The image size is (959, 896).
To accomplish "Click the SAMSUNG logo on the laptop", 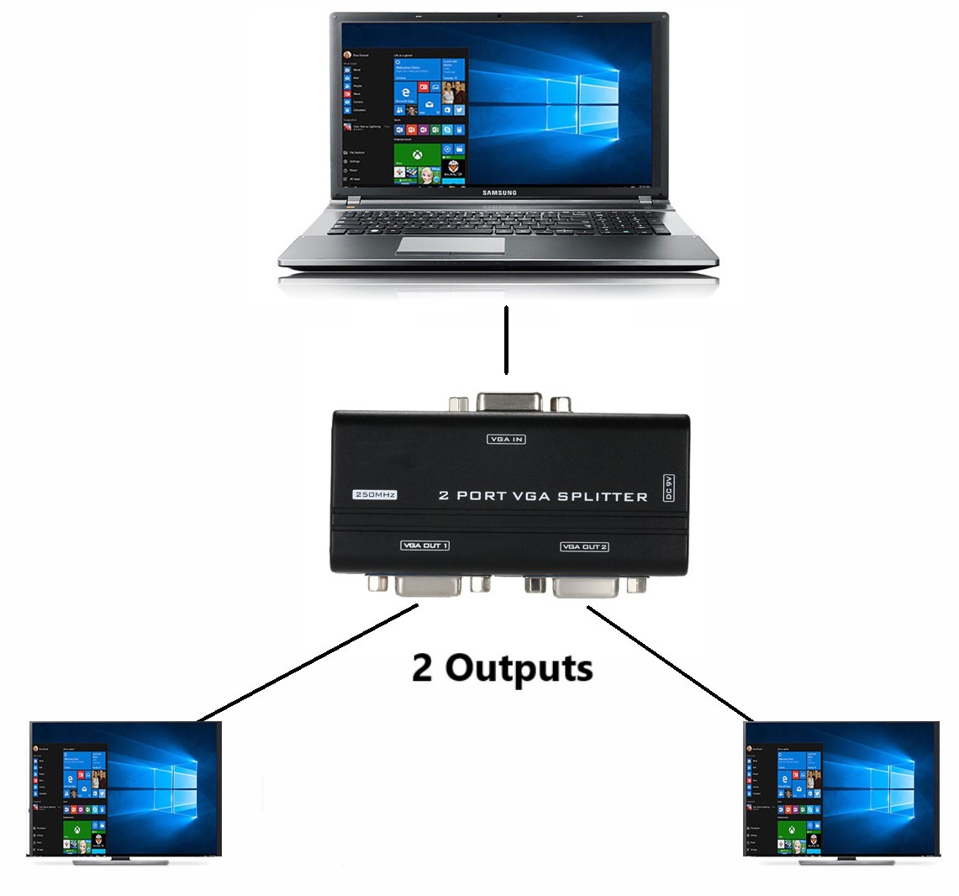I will [x=499, y=192].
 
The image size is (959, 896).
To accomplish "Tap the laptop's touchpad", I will [x=451, y=245].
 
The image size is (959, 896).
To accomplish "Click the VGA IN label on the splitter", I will [x=506, y=439].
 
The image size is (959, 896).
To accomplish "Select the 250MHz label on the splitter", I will [x=374, y=495].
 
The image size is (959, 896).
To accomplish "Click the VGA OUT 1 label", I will [x=425, y=546].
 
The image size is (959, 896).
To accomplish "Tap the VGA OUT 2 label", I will [x=584, y=546].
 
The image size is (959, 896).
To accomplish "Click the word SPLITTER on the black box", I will [x=600, y=496].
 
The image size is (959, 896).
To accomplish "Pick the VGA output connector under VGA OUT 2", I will [x=586, y=586].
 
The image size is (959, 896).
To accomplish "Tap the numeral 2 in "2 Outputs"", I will [x=423, y=668].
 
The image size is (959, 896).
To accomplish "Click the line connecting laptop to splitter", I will [x=506, y=340].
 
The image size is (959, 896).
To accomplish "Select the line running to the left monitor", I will [x=308, y=665].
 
